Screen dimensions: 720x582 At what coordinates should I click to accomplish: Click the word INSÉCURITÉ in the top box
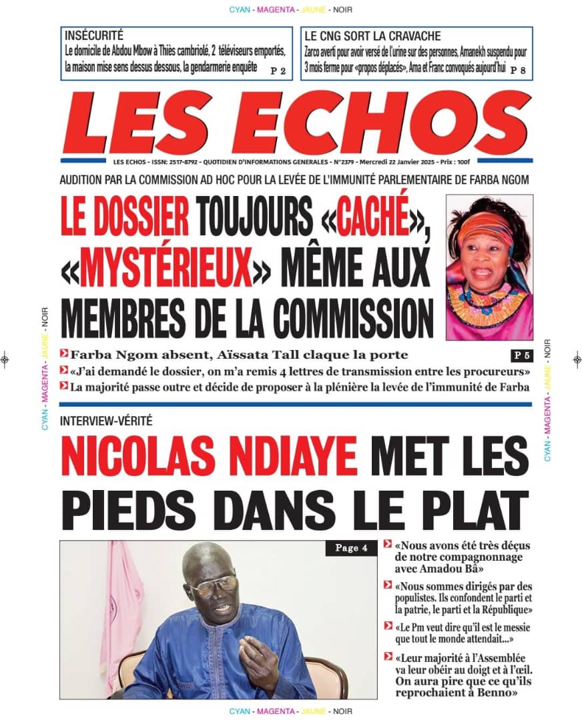pos(94,36)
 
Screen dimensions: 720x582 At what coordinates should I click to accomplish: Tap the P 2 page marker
pos(278,69)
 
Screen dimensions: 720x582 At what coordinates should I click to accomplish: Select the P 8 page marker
pos(518,69)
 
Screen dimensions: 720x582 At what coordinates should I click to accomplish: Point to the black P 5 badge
pos(521,355)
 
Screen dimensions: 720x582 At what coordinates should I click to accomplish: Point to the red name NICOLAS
pos(147,454)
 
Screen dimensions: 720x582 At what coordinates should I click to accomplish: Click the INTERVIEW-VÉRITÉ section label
pos(106,421)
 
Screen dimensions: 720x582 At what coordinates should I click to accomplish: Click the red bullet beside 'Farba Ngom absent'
pos(63,354)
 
